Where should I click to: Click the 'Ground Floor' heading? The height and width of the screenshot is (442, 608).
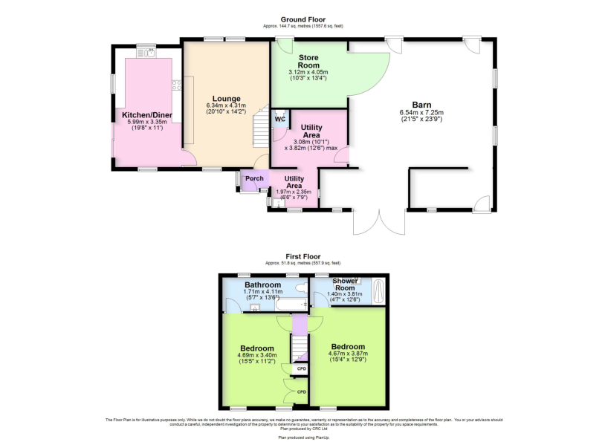pyautogui.click(x=303, y=19)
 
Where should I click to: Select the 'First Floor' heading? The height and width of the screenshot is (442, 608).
pyautogui.click(x=303, y=256)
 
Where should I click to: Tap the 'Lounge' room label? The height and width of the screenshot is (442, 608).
pyautogui.click(x=226, y=98)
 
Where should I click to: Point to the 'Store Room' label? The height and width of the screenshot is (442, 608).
pyautogui.click(x=308, y=62)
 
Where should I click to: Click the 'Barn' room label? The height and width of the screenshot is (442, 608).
pyautogui.click(x=421, y=105)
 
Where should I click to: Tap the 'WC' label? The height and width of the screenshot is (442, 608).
pyautogui.click(x=280, y=119)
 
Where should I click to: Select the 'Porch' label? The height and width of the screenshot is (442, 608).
pyautogui.click(x=254, y=178)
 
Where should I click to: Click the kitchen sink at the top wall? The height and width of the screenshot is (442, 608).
pyautogui.click(x=151, y=52)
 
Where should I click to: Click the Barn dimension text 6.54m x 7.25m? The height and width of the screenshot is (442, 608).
pyautogui.click(x=421, y=113)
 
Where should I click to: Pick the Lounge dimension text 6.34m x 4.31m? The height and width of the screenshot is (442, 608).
pyautogui.click(x=226, y=106)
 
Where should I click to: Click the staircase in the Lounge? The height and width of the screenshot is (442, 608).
pyautogui.click(x=260, y=130)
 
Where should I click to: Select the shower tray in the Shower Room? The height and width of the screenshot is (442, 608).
pyautogui.click(x=377, y=290)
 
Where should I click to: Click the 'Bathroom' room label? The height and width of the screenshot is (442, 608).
pyautogui.click(x=263, y=285)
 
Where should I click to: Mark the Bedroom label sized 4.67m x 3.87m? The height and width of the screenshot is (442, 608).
pyautogui.click(x=348, y=347)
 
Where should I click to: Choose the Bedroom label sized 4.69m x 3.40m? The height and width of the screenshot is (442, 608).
pyautogui.click(x=257, y=348)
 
